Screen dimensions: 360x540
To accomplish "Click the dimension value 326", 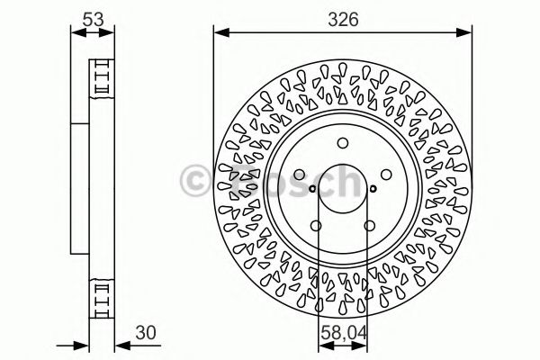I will pyautogui.click(x=341, y=18).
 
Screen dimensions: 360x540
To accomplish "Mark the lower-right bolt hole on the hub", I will pyautogui.click(x=370, y=226).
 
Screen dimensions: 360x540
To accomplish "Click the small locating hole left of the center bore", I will pyautogui.click(x=311, y=189).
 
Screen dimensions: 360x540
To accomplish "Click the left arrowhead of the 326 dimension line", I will pyautogui.click(x=220, y=33).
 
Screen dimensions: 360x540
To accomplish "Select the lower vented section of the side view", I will pyautogui.click(x=102, y=297).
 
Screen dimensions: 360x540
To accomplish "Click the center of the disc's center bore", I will pyautogui.click(x=342, y=189).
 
